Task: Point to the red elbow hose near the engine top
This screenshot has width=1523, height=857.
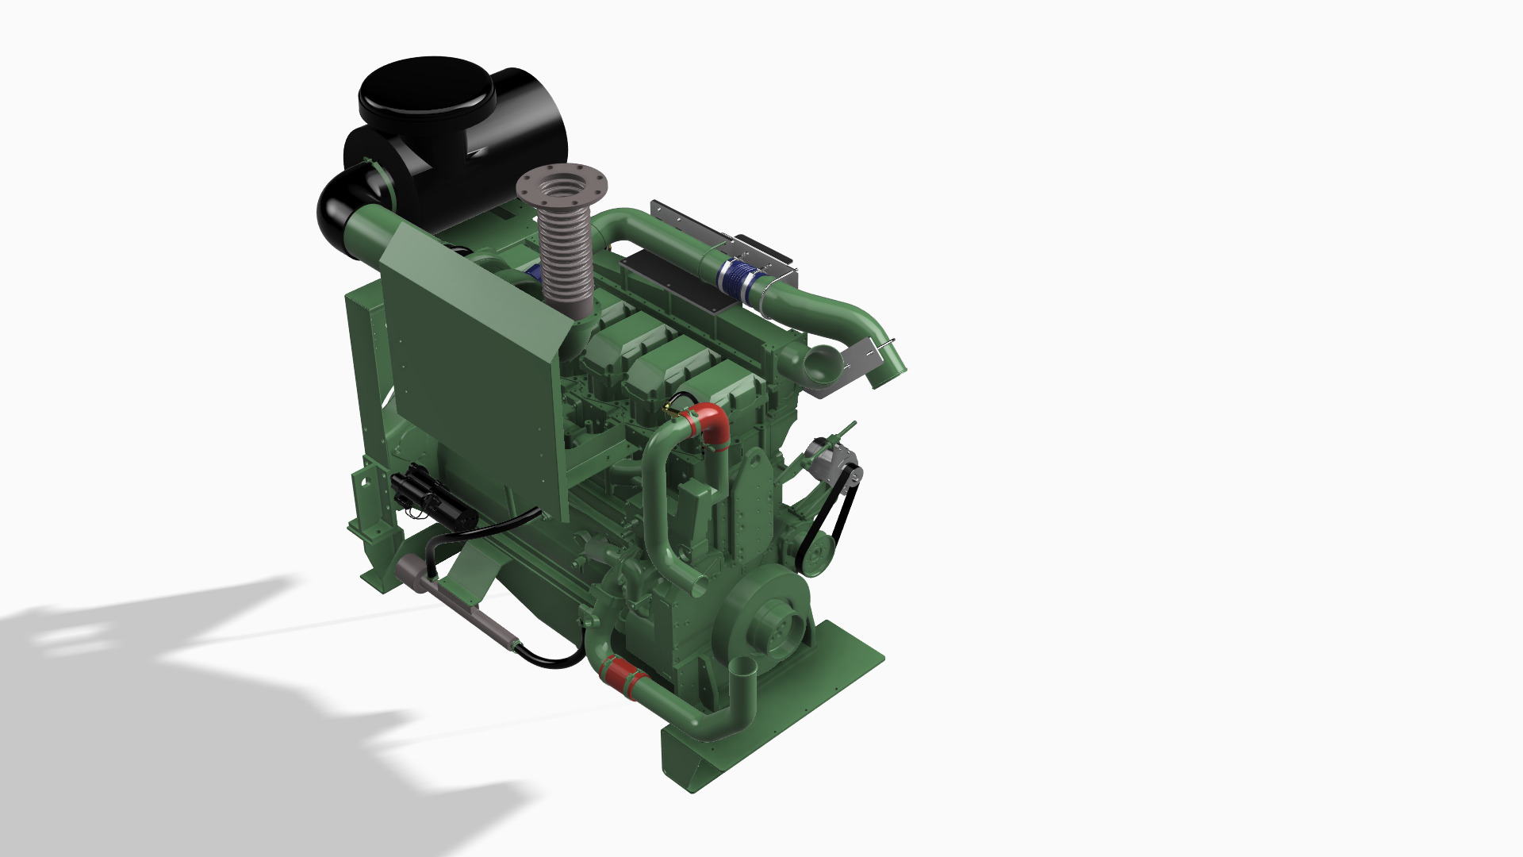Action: pyautogui.click(x=709, y=421)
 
